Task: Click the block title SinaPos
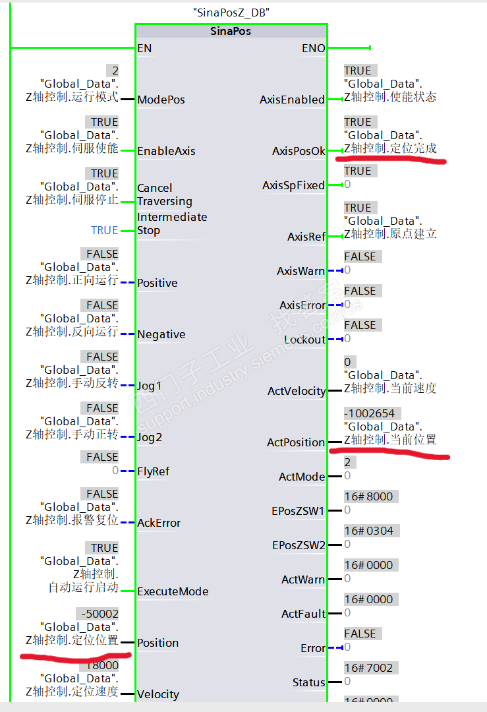coord(231,31)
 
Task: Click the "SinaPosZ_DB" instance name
coord(231,13)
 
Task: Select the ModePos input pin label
coord(161,100)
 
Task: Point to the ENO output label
coord(313,48)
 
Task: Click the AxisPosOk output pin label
coord(299,151)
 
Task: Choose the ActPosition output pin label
coord(296,442)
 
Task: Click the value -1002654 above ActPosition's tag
coord(369,413)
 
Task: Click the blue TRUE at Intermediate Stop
coord(105,230)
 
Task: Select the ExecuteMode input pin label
coord(173,591)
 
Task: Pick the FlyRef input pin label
coord(154,471)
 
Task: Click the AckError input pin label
coord(159,523)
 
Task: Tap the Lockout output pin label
coord(304,340)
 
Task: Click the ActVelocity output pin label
coord(297,391)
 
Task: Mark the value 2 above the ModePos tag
coord(115,71)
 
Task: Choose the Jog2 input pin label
coord(150,437)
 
